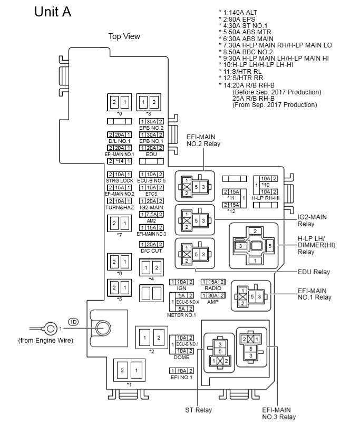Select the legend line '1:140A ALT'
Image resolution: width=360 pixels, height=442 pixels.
click(240, 11)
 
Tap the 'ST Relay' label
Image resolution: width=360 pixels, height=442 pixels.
click(196, 410)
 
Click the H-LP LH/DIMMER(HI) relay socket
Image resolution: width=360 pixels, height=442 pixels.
click(255, 246)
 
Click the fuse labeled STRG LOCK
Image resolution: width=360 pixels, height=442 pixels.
click(119, 174)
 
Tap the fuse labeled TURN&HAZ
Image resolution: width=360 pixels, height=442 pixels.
click(119, 201)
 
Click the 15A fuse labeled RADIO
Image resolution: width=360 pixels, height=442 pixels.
click(213, 282)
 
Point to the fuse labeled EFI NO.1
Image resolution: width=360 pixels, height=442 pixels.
click(181, 371)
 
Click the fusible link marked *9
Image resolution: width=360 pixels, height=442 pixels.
click(119, 101)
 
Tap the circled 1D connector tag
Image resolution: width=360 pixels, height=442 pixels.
click(73, 321)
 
